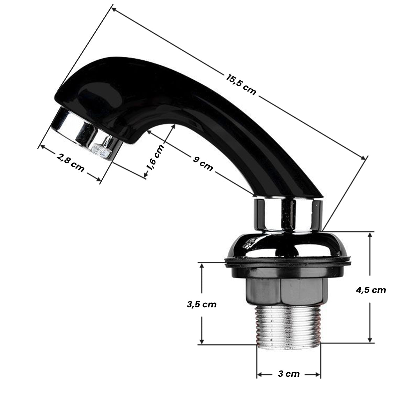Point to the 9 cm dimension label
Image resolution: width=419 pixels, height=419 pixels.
(203, 164)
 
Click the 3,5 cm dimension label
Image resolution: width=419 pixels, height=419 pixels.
(201, 304)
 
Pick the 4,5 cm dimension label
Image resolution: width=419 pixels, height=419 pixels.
(370, 290)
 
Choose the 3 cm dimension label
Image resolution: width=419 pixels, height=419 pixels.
(289, 374)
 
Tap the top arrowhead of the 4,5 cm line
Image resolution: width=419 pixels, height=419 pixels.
(370, 234)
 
